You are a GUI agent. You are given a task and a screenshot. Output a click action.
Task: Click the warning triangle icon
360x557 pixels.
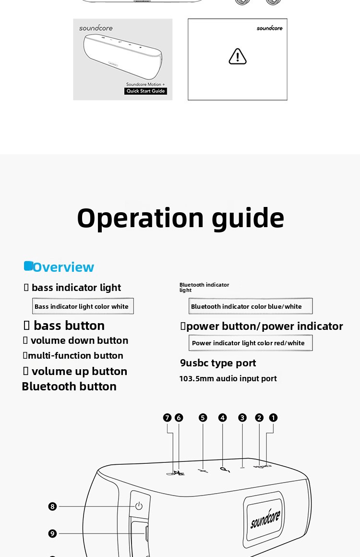[x=238, y=57]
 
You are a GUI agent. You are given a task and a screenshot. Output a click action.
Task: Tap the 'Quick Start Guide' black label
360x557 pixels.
[x=145, y=91]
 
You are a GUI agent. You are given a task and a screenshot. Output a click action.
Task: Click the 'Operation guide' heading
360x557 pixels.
[x=180, y=218]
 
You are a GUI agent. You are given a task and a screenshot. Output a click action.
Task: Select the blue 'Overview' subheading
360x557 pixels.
[x=63, y=267]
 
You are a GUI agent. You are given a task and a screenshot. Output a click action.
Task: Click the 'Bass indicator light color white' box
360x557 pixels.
[x=83, y=306]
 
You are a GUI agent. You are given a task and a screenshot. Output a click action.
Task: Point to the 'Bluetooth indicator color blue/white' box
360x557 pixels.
[x=250, y=306]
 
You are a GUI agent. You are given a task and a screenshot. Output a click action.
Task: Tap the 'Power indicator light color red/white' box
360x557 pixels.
[x=250, y=343]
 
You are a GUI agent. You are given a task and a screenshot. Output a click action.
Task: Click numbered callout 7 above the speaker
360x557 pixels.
[x=167, y=418]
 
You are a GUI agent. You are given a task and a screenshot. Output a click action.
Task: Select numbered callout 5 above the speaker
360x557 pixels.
[x=203, y=418]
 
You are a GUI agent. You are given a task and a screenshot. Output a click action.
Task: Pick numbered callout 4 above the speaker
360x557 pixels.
[x=222, y=418]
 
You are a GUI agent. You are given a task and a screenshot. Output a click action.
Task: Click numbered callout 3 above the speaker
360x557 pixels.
[x=242, y=418]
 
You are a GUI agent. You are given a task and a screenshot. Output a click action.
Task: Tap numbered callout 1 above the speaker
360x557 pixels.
[x=273, y=418]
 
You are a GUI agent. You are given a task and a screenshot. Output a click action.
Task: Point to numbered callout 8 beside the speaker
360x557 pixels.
[x=53, y=507]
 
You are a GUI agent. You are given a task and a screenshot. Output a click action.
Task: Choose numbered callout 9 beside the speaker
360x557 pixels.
[x=53, y=533]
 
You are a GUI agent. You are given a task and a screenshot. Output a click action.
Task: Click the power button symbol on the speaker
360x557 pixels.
[x=139, y=506]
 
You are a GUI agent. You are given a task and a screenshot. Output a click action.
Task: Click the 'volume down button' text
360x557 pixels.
[x=79, y=340]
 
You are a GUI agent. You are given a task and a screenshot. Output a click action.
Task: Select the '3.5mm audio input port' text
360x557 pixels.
[x=232, y=378]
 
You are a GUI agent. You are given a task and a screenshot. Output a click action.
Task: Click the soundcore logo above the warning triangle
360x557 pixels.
[x=269, y=28]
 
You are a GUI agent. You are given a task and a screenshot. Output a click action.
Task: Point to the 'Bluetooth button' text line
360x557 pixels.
[x=69, y=387]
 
